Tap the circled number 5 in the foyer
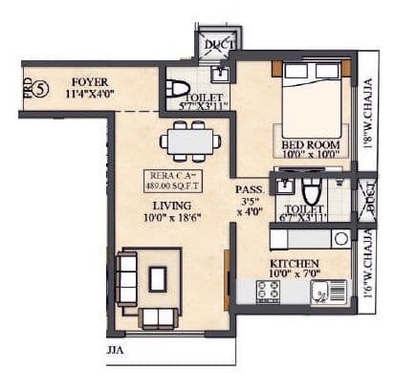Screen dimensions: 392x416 [40, 91]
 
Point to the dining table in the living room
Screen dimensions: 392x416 [190, 142]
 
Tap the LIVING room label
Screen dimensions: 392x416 [170, 205]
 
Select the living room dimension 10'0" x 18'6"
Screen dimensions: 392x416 [171, 219]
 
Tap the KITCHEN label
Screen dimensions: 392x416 [295, 262]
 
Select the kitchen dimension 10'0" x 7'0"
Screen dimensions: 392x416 [295, 274]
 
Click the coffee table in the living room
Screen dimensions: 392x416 [159, 278]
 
